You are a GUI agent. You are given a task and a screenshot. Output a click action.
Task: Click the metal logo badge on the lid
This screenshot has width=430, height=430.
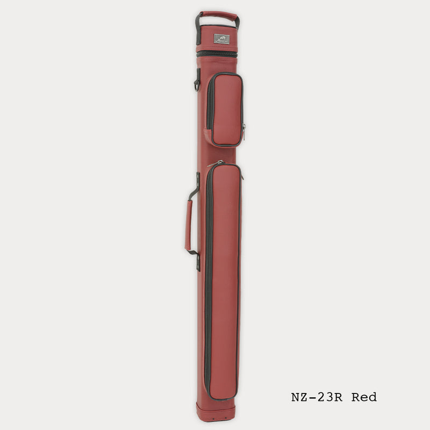[221, 39]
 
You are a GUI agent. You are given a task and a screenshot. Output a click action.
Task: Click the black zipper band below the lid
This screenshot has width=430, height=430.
[217, 54]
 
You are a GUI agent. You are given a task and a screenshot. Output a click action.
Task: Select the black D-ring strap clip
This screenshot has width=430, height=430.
[197, 82]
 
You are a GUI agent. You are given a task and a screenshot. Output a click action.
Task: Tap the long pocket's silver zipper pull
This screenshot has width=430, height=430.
[217, 162]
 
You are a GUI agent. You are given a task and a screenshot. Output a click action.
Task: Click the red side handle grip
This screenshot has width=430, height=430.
[189, 226]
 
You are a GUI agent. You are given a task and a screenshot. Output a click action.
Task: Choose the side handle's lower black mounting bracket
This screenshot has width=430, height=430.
[197, 260]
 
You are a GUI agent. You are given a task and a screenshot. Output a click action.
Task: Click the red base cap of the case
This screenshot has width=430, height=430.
[216, 412]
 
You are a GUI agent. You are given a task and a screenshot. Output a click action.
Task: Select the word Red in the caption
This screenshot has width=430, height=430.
[364, 398]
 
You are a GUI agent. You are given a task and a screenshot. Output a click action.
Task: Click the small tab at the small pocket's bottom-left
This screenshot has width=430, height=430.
[206, 138]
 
